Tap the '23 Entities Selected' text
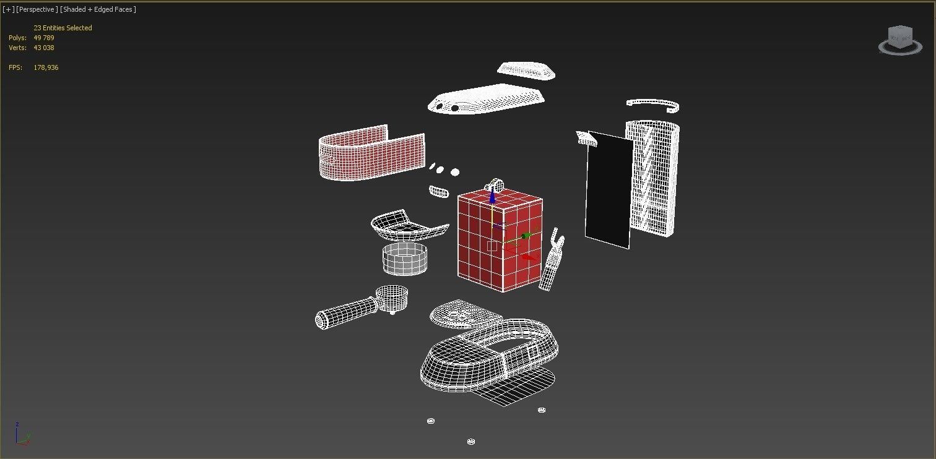63,28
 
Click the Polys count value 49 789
44,38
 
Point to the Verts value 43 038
44,48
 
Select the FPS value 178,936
46,67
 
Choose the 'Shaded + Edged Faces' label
98,9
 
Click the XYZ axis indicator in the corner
21,434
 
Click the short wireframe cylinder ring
405,259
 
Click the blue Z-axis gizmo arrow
493,195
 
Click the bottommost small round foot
471,442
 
